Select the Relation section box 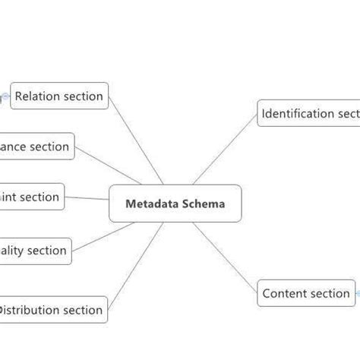(59, 96)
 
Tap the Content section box (306, 293)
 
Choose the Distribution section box (50, 310)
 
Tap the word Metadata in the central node (147, 204)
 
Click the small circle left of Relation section (5, 96)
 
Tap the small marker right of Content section (358, 292)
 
